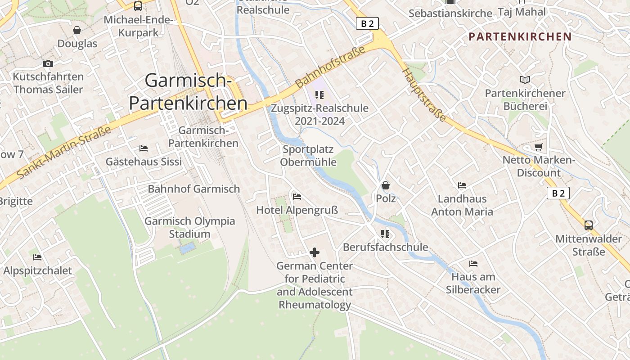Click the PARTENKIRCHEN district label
coord(520,36)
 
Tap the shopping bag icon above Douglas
coord(77,30)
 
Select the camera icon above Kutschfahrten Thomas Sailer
coord(48,63)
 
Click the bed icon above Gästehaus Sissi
coord(144,148)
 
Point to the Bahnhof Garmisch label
coord(193,189)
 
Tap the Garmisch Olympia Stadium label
coord(189,227)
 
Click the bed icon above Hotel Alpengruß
coord(297,196)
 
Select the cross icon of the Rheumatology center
coord(315,252)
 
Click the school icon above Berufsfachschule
coord(385,234)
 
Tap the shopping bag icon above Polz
coord(386,185)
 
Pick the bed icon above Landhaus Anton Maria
coord(462,185)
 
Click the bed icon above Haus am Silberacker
coord(473,263)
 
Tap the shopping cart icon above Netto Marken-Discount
coord(538,147)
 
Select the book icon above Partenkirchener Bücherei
coord(525,80)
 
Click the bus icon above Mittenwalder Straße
coord(588,225)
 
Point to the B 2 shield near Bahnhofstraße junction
coord(367,23)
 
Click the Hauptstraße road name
coord(424,95)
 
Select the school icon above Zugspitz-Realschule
coord(319,95)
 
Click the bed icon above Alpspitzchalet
coord(37,257)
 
